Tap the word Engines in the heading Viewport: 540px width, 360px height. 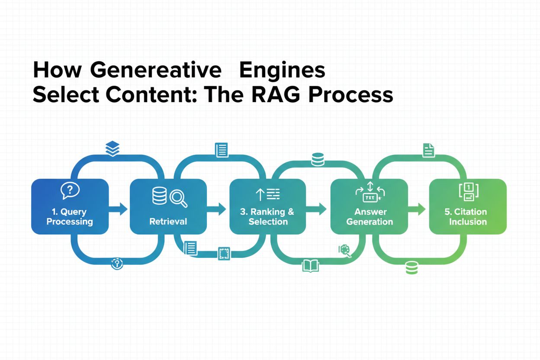[x=282, y=71]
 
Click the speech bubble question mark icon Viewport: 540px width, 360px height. [x=69, y=190]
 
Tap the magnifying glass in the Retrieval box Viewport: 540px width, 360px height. [x=178, y=198]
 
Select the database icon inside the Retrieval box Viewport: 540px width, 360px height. [x=159, y=196]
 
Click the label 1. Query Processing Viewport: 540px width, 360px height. [x=70, y=217]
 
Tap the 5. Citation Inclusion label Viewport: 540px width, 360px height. [x=468, y=217]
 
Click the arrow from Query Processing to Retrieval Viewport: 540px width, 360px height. [x=119, y=210]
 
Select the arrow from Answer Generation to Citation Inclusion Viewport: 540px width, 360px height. [x=417, y=210]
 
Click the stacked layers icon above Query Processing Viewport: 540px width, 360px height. [x=112, y=149]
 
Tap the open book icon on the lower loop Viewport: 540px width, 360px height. [x=310, y=265]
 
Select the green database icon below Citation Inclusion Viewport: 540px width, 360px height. [x=411, y=268]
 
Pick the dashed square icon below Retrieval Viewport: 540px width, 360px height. [x=224, y=254]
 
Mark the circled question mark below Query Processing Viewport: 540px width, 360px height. [x=117, y=264]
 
